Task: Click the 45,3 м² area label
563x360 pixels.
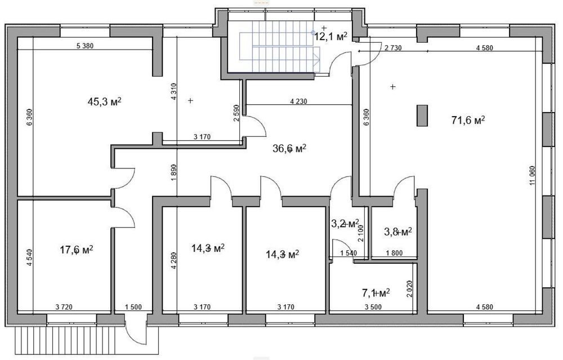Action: [x=105, y=101]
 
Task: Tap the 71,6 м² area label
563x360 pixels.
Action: [x=468, y=120]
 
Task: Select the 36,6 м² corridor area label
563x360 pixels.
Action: [x=289, y=148]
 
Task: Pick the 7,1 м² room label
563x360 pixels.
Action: [x=376, y=293]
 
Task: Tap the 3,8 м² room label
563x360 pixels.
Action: [x=398, y=232]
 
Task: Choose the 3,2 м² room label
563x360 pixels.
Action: [x=345, y=224]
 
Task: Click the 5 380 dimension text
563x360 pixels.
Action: [x=85, y=46]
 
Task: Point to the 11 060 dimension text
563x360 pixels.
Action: [x=532, y=175]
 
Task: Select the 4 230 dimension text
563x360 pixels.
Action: [x=299, y=101]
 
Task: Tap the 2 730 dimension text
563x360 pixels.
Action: [x=393, y=48]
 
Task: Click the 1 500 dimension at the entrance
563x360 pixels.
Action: [x=133, y=307]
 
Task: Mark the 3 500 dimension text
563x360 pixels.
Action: [x=373, y=307]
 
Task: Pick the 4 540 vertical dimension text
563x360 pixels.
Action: [x=29, y=257]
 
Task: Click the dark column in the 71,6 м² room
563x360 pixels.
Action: [x=422, y=115]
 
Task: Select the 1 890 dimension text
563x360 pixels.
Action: [x=174, y=172]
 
